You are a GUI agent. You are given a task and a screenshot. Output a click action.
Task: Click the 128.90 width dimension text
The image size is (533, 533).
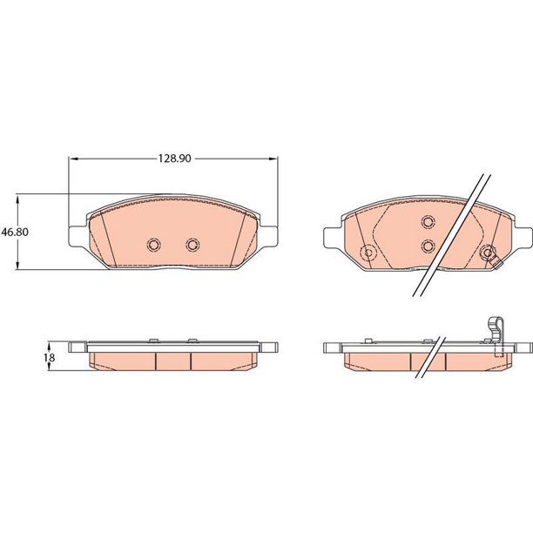point(174,159)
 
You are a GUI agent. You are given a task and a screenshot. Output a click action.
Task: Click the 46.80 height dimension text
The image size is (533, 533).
point(15,233)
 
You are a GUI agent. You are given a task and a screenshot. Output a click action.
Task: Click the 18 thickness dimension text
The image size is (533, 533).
point(50,358)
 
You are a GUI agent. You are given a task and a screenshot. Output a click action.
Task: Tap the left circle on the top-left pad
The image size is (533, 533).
point(154,245)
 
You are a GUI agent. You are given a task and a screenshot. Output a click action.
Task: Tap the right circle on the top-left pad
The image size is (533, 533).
point(192,245)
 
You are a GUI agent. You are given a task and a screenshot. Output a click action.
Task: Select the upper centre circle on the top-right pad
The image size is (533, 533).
point(428,222)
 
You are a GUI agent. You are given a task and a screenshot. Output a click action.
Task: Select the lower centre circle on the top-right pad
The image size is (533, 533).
point(428,246)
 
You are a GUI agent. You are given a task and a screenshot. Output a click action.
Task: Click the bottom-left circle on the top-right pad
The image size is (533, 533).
point(368,253)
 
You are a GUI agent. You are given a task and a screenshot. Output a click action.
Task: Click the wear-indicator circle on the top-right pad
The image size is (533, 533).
point(488,253)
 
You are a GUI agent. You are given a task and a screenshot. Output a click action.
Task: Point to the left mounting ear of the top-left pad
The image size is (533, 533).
point(78,235)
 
